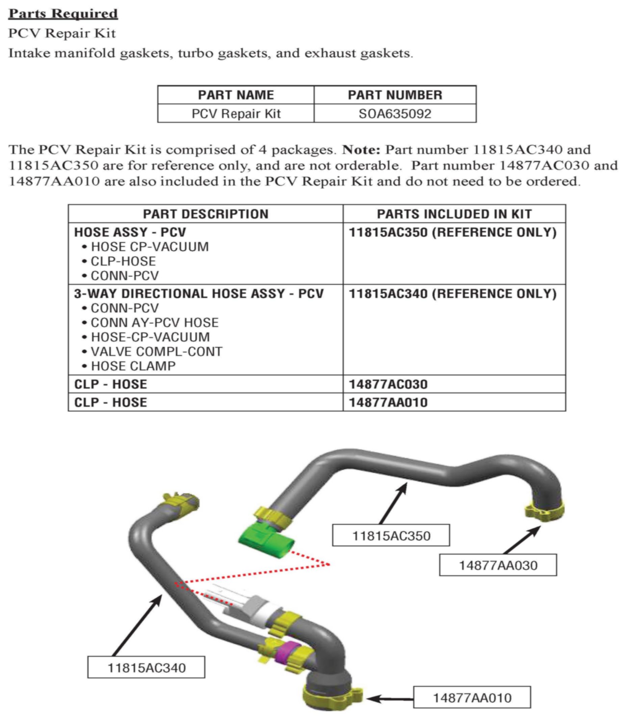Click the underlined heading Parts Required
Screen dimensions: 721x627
click(x=63, y=13)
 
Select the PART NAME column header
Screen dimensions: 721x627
click(x=236, y=95)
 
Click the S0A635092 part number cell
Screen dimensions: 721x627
click(x=395, y=114)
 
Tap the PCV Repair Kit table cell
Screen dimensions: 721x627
click(x=236, y=114)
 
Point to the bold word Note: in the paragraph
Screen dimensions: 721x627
click(x=361, y=150)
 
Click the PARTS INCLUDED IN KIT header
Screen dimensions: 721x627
click(x=454, y=214)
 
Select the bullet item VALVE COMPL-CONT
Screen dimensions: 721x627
click(x=156, y=352)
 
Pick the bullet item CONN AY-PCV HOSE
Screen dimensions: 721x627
click(x=155, y=323)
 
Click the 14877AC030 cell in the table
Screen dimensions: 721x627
click(x=388, y=384)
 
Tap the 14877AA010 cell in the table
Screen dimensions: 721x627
click(x=388, y=403)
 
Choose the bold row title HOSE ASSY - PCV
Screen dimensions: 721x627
click(x=130, y=232)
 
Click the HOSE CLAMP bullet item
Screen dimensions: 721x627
click(x=133, y=366)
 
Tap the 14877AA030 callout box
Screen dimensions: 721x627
click(x=498, y=565)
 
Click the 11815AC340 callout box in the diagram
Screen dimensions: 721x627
click(x=146, y=667)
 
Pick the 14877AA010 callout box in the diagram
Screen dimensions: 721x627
click(x=472, y=698)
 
